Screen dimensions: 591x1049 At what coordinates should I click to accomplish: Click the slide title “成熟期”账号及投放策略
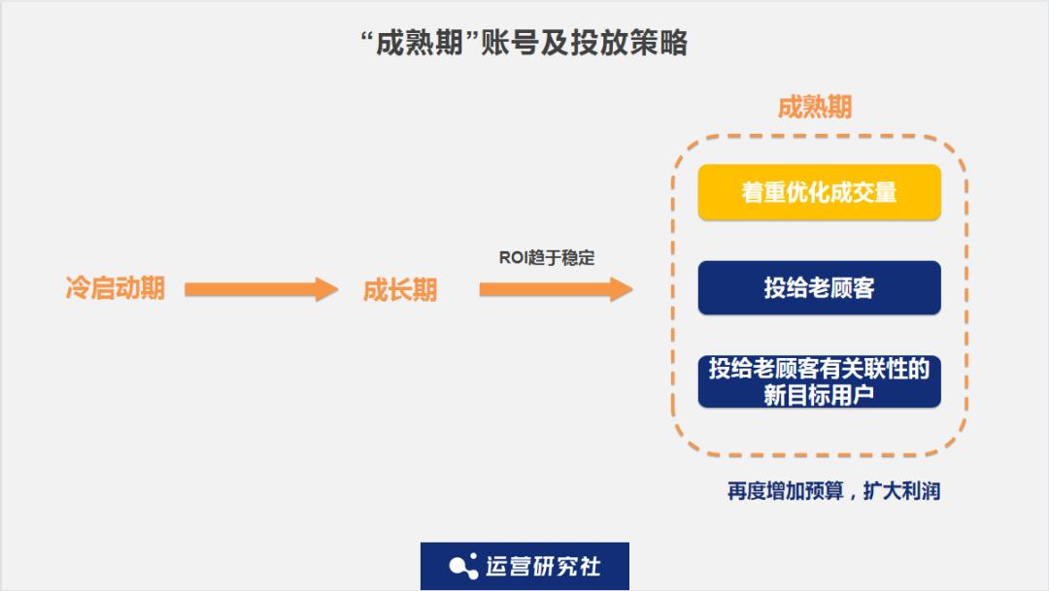(x=524, y=44)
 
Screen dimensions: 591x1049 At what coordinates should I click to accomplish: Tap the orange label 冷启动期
(x=115, y=288)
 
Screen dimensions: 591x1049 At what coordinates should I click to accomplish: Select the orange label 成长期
(x=399, y=289)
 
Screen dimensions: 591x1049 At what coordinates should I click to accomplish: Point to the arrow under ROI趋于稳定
(x=555, y=288)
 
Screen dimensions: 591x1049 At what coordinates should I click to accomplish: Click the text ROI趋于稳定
(x=546, y=258)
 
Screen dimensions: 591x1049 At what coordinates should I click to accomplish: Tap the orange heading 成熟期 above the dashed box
(x=814, y=108)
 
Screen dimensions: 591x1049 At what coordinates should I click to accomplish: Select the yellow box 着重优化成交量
(x=819, y=192)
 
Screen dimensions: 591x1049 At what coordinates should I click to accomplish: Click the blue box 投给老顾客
(x=819, y=288)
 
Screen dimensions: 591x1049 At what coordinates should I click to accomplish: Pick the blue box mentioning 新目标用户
(x=819, y=382)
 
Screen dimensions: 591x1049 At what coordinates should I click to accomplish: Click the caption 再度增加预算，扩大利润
(x=833, y=491)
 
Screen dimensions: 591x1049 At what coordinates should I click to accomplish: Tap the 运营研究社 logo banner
(x=524, y=566)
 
